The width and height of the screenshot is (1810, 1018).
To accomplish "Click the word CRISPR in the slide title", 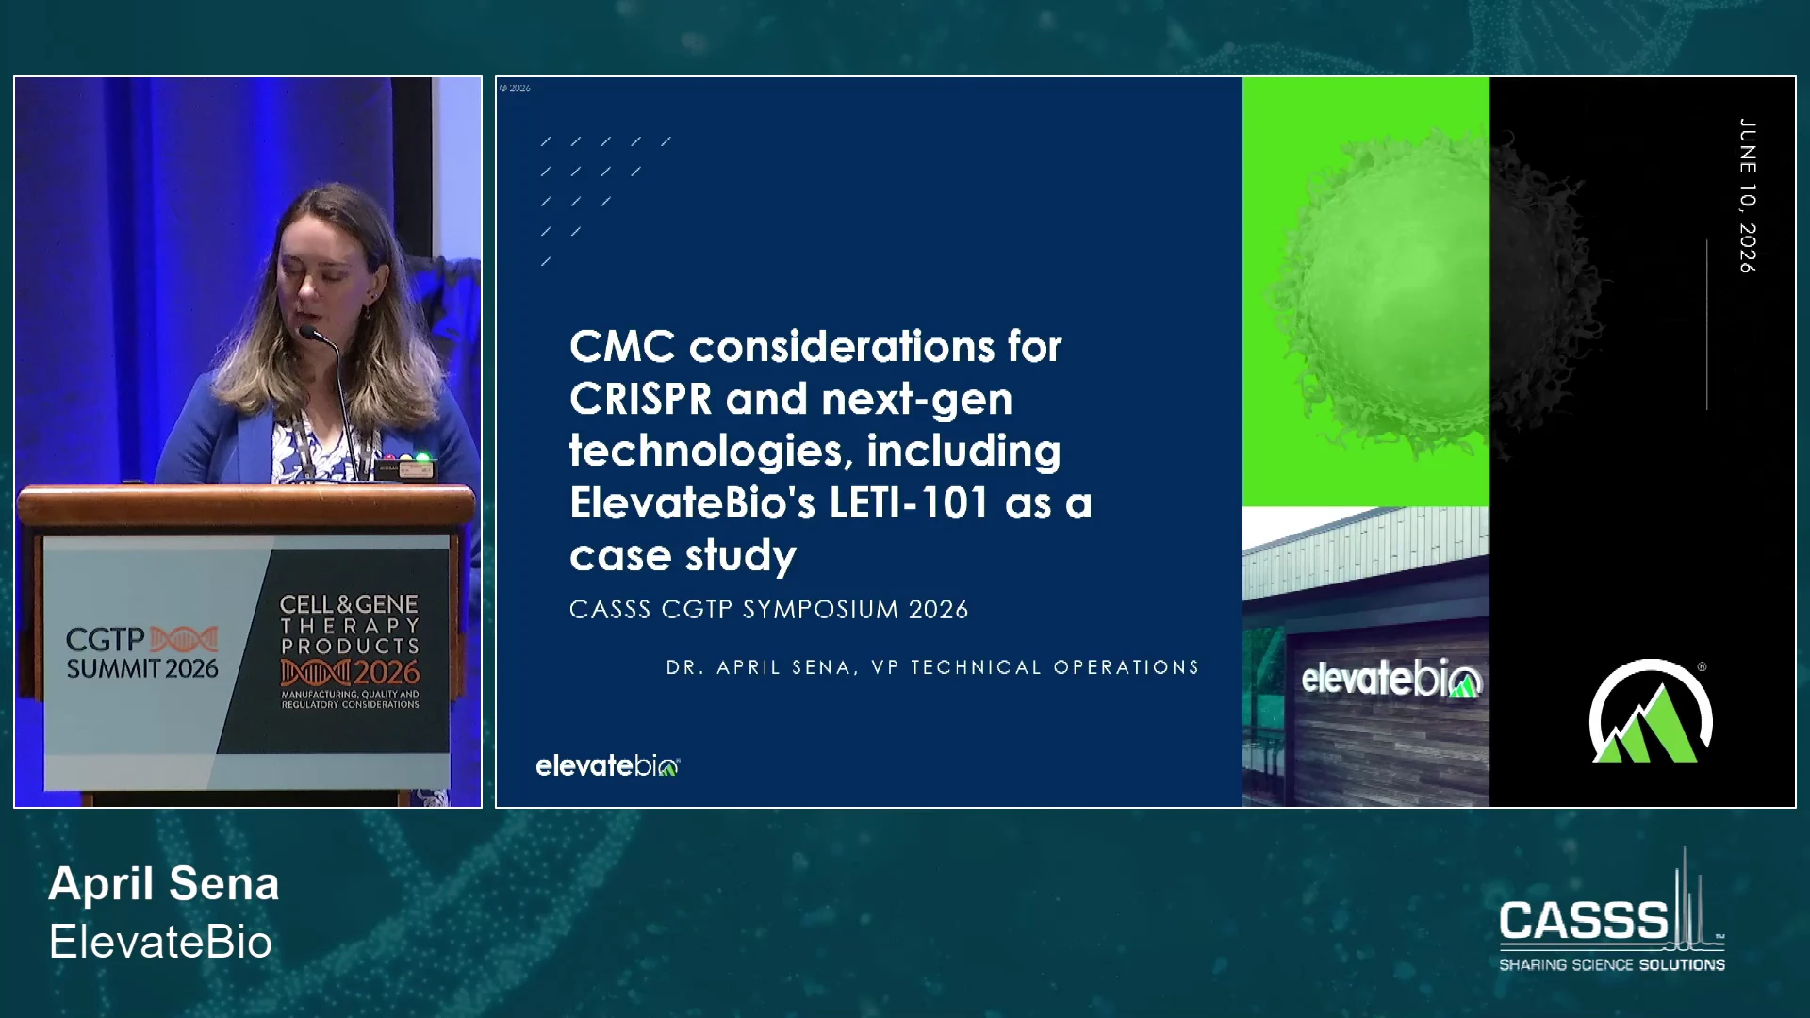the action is pyautogui.click(x=640, y=399).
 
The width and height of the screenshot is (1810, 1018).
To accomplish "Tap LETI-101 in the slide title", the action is pyautogui.click(x=909, y=502).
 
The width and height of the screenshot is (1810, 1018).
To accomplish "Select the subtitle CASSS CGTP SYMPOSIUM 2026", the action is pyautogui.click(x=768, y=610).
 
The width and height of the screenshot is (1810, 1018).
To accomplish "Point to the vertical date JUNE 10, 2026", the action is pyautogui.click(x=1747, y=196).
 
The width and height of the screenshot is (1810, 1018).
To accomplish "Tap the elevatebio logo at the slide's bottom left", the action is pyautogui.click(x=607, y=765).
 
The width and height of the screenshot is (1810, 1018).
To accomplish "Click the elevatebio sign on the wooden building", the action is pyautogui.click(x=1391, y=678).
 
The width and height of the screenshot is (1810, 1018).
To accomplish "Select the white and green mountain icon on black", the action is pyautogui.click(x=1651, y=712).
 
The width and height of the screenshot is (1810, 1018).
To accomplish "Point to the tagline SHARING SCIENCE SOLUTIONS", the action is pyautogui.click(x=1612, y=964).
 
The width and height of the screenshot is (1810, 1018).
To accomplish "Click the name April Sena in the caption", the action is pyautogui.click(x=164, y=884).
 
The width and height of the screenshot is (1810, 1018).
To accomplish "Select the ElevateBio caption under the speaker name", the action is pyautogui.click(x=160, y=942).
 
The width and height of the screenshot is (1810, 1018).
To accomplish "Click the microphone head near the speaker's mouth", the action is pyautogui.click(x=308, y=332).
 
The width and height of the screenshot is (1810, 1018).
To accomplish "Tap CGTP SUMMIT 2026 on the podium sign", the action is pyautogui.click(x=142, y=653).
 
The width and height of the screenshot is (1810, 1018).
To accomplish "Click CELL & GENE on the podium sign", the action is pyautogui.click(x=349, y=604).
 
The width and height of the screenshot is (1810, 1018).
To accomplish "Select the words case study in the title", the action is pyautogui.click(x=683, y=556).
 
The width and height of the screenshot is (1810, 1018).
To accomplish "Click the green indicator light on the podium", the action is pyautogui.click(x=423, y=459).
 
